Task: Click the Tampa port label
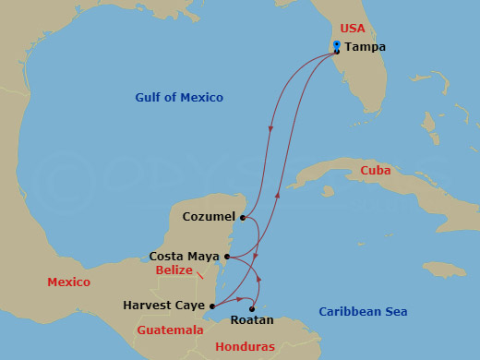pyautogui.click(x=366, y=47)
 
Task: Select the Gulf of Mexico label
pyautogui.click(x=179, y=98)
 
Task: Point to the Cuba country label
pyautogui.click(x=376, y=171)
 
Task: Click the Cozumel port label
pyautogui.click(x=209, y=218)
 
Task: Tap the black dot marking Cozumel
pyautogui.click(x=242, y=219)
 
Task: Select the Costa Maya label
pyautogui.click(x=184, y=256)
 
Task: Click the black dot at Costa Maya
pyautogui.click(x=227, y=256)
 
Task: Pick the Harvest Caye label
pyautogui.click(x=163, y=305)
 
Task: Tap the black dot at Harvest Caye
pyautogui.click(x=212, y=306)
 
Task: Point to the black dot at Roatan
pyautogui.click(x=252, y=309)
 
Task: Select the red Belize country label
pyautogui.click(x=174, y=270)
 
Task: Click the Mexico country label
pyautogui.click(x=68, y=282)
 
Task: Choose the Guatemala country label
pyautogui.click(x=170, y=330)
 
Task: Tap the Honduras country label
pyautogui.click(x=245, y=346)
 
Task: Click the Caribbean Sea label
pyautogui.click(x=363, y=312)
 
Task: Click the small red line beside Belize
pyautogui.click(x=200, y=275)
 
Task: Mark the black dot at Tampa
pyautogui.click(x=337, y=52)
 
